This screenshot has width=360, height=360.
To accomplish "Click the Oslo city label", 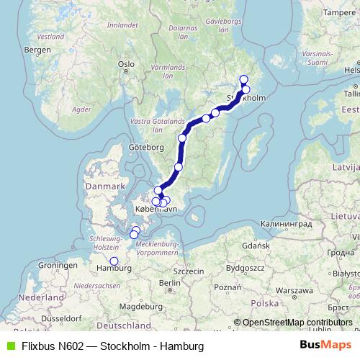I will click(127, 63).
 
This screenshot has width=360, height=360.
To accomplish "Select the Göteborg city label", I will click(143, 146).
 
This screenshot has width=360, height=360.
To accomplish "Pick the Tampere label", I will click(341, 12).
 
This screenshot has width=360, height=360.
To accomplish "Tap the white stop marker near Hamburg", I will click(114, 261).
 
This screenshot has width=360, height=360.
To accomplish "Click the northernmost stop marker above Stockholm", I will click(243, 80).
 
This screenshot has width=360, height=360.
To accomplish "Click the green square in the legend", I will click(10, 346).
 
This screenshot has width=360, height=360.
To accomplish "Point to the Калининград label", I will click(271, 224).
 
